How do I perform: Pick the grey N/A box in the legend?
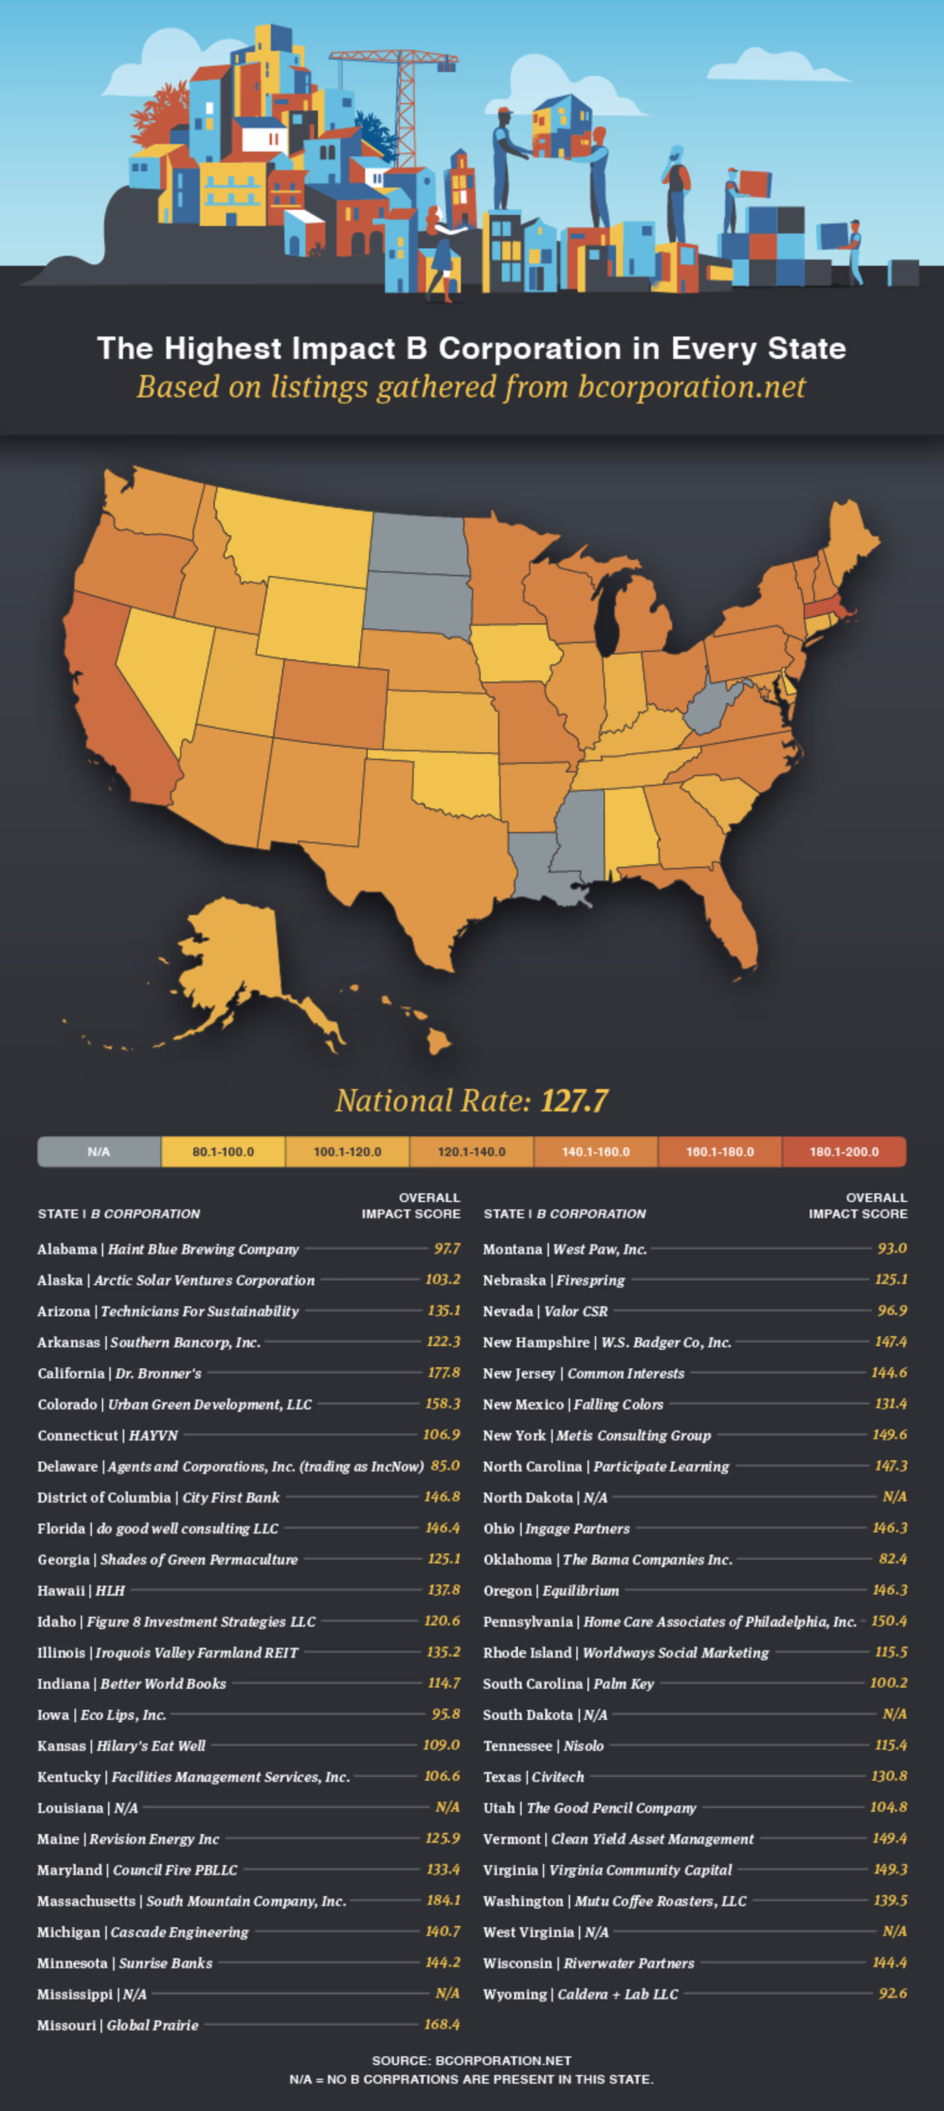(99, 1152)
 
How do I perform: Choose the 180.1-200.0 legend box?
(844, 1152)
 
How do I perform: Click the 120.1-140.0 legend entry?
(471, 1152)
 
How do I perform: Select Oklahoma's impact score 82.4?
(892, 1559)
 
